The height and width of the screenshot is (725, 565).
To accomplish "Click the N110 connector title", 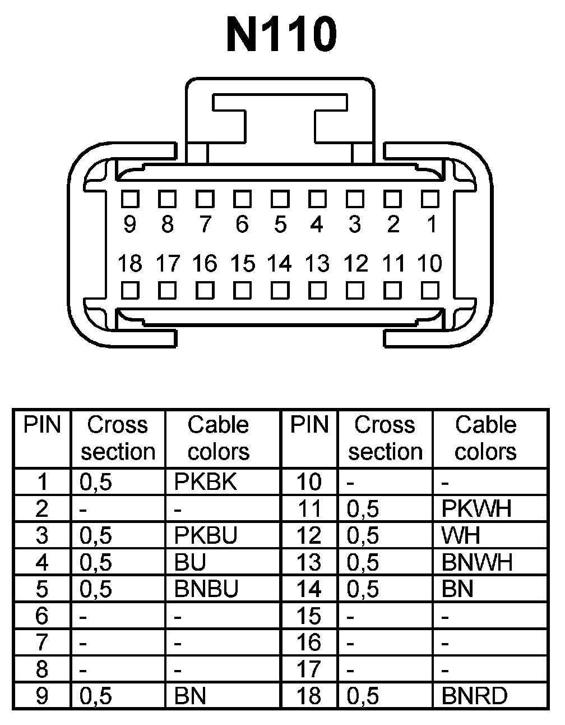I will tap(281, 35).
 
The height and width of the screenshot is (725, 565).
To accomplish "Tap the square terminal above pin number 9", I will tap(130, 199).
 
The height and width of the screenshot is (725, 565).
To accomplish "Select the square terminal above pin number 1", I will tap(430, 199).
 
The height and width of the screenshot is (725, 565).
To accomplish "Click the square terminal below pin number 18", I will tap(130, 290).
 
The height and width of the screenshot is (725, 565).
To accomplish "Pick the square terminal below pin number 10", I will tap(430, 290).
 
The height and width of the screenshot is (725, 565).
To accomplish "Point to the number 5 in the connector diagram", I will tap(280, 224).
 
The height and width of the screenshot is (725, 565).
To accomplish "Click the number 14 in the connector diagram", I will tap(279, 263).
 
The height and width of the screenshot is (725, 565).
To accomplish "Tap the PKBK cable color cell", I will tap(206, 481).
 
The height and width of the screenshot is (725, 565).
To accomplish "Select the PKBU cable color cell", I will tap(206, 535).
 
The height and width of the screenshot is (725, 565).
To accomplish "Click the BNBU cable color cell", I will tap(206, 589).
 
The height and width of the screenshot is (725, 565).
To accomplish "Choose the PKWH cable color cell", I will tap(476, 508).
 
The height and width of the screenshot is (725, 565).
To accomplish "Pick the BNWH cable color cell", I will tap(477, 562).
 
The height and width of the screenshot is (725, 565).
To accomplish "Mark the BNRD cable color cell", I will tap(474, 696).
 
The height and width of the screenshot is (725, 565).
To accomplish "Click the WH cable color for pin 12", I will tap(461, 535).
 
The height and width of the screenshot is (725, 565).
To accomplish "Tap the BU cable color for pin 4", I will tap(190, 562).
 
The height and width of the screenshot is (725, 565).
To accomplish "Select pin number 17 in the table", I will tap(309, 669).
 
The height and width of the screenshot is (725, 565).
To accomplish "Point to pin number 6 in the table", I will tap(42, 616).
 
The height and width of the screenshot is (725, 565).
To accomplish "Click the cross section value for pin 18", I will tap(363, 696).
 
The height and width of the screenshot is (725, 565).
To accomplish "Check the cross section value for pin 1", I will tap(96, 481).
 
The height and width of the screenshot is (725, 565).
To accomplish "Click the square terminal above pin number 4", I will tap(317, 199).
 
